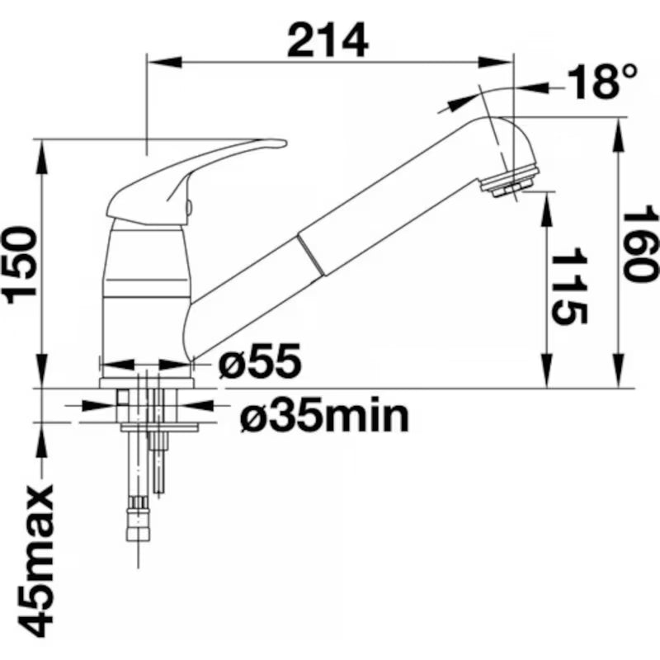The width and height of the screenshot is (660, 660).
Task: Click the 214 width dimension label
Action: [328, 40]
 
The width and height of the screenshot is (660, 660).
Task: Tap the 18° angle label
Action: [602, 82]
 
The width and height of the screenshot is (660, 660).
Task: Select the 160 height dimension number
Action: [640, 244]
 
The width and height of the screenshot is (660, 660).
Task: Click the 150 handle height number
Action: [19, 265]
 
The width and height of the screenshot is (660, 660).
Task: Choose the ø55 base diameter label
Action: [260, 361]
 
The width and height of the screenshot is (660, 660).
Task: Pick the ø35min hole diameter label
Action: [324, 416]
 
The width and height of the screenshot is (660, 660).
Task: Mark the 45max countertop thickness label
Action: [35, 562]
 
